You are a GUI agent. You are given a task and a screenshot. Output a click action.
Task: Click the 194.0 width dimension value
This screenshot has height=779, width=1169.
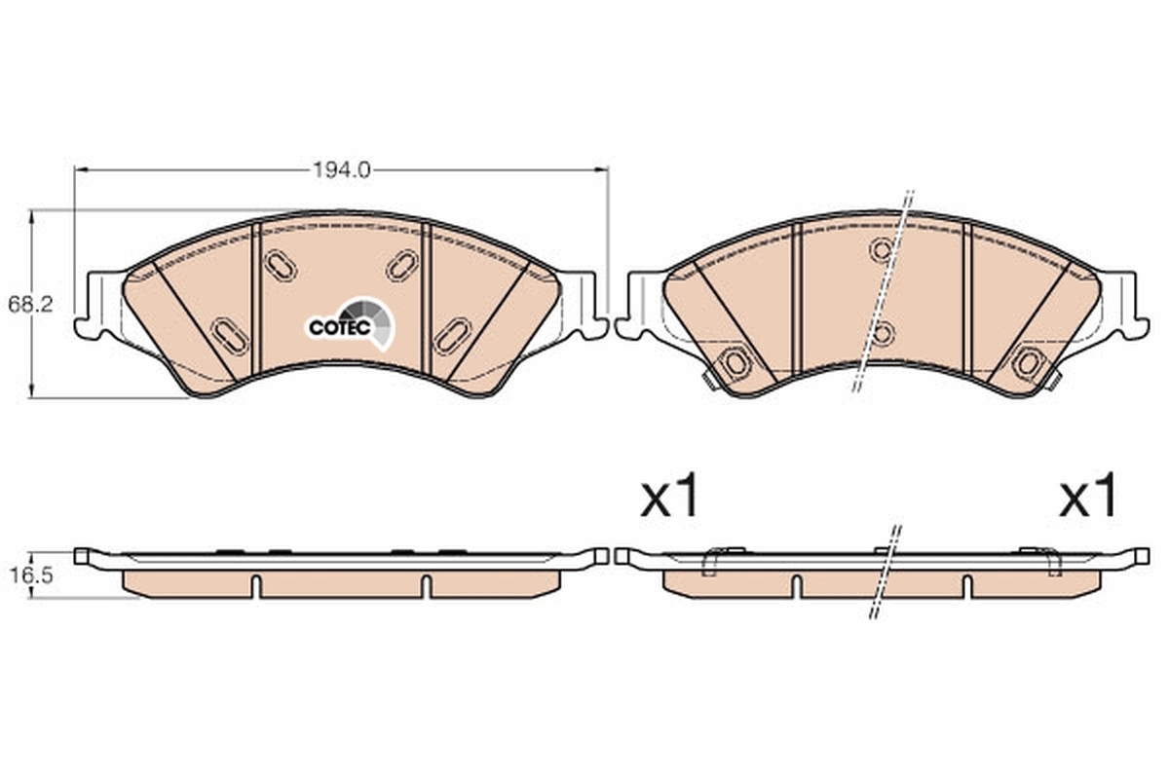[341, 169]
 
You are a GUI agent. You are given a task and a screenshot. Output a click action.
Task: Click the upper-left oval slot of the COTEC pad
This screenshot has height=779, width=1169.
[280, 265]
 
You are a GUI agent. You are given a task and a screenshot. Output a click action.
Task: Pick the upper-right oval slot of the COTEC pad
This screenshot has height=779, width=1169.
[401, 265]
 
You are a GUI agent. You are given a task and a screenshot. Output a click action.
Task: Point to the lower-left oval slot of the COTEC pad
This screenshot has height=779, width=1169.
[230, 336]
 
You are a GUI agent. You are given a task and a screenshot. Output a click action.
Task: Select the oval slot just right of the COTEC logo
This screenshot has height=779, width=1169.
[452, 336]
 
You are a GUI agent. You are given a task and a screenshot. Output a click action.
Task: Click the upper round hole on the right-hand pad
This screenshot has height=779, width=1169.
[882, 251]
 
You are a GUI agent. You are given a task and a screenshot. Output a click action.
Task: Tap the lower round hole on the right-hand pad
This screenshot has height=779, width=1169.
[882, 335]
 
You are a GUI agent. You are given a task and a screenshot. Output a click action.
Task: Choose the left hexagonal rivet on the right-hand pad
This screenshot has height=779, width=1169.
[735, 363]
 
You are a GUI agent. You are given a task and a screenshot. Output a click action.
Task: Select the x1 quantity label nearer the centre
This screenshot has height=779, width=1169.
[670, 499]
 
